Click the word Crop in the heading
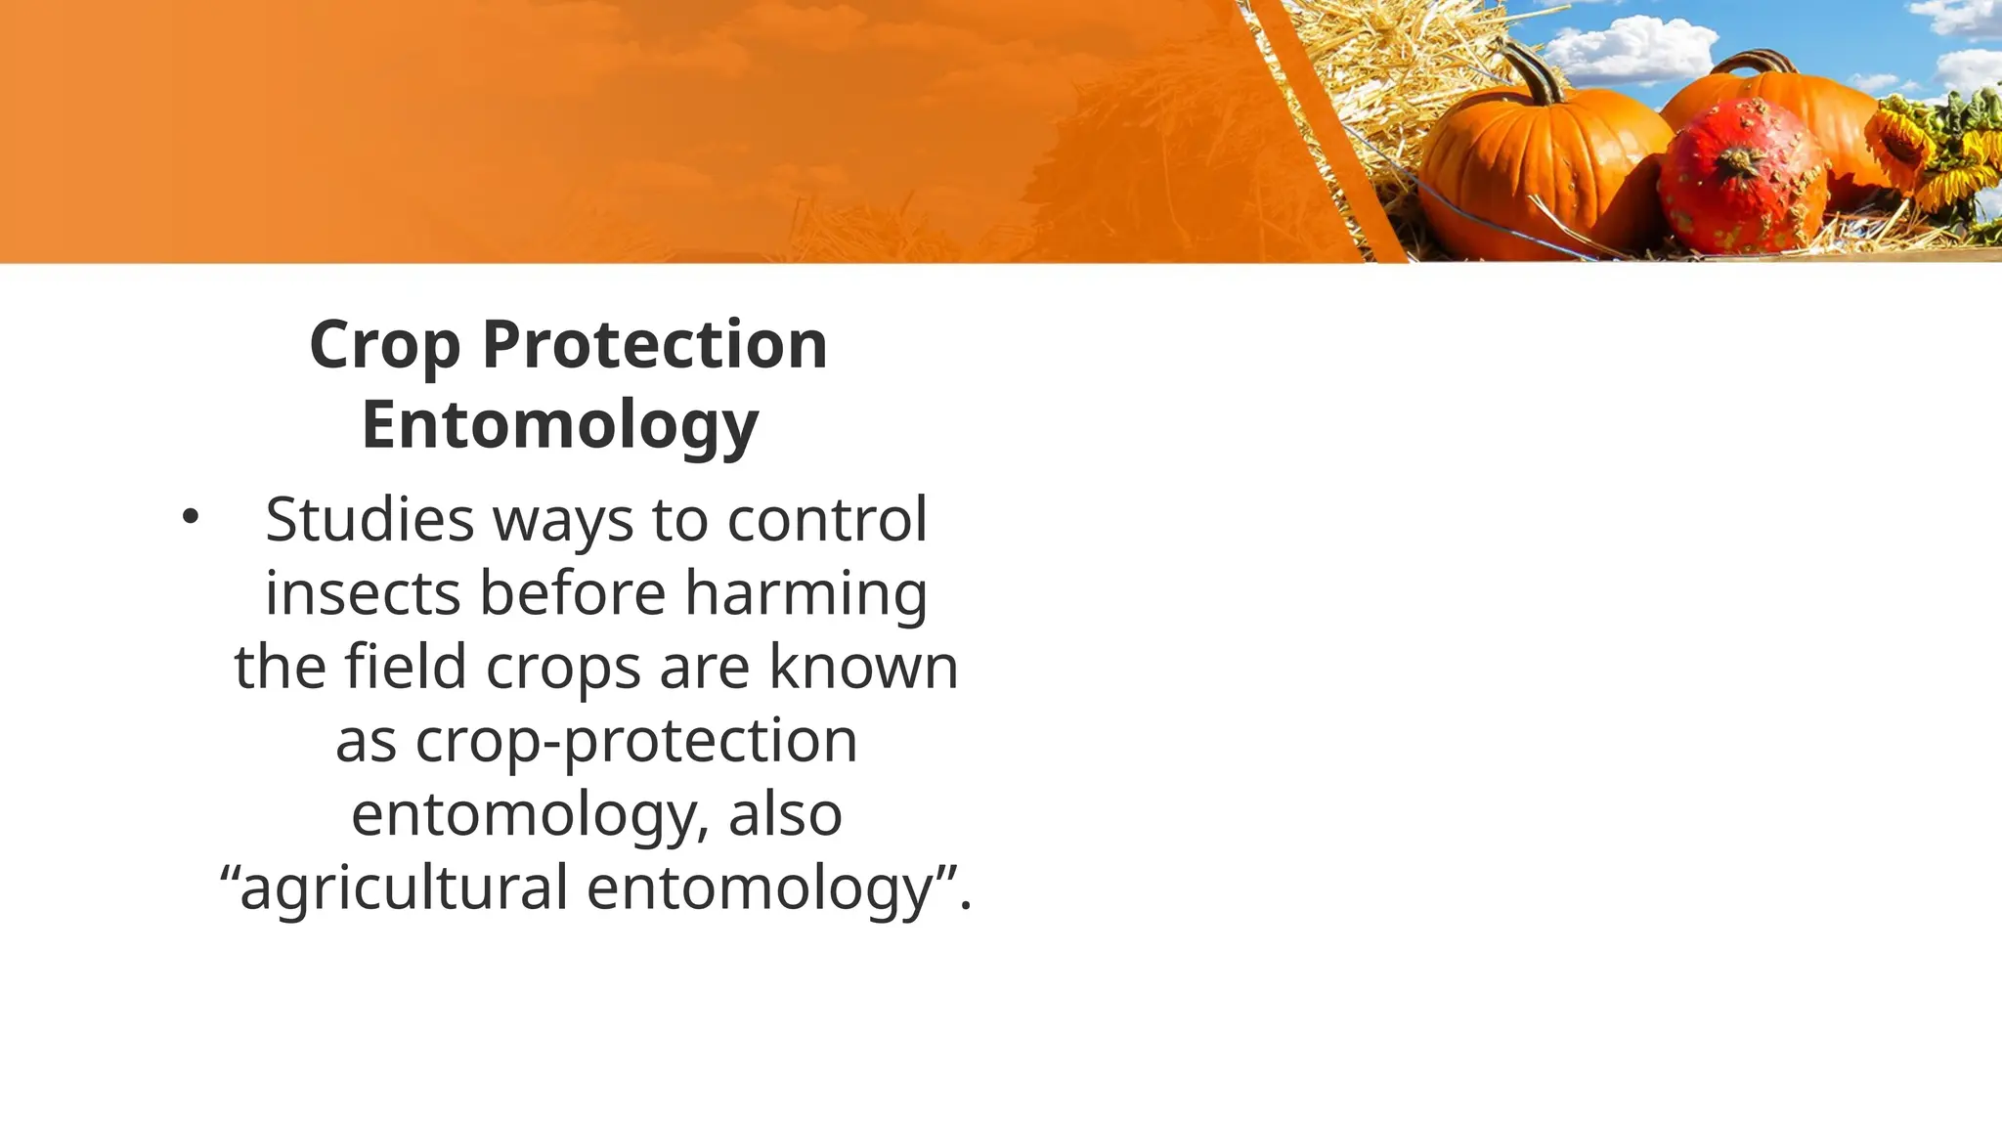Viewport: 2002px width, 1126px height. click(x=384, y=346)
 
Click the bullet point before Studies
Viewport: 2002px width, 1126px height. click(x=190, y=518)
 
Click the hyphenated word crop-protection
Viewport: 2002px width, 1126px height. click(x=596, y=741)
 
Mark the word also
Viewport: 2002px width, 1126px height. click(x=785, y=814)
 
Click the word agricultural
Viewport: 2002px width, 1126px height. click(x=404, y=888)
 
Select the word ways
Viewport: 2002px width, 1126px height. click(x=563, y=521)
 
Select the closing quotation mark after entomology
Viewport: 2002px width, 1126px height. click(x=945, y=872)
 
